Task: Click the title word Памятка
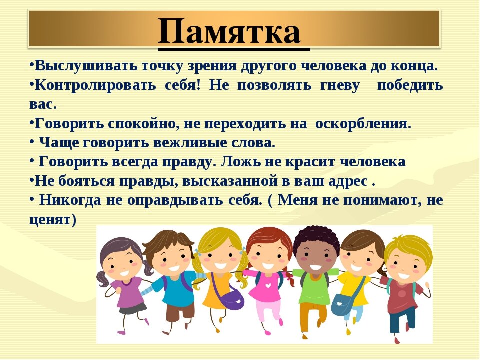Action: coord(229,31)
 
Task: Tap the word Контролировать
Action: coord(95,85)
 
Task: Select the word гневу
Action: coord(340,86)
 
